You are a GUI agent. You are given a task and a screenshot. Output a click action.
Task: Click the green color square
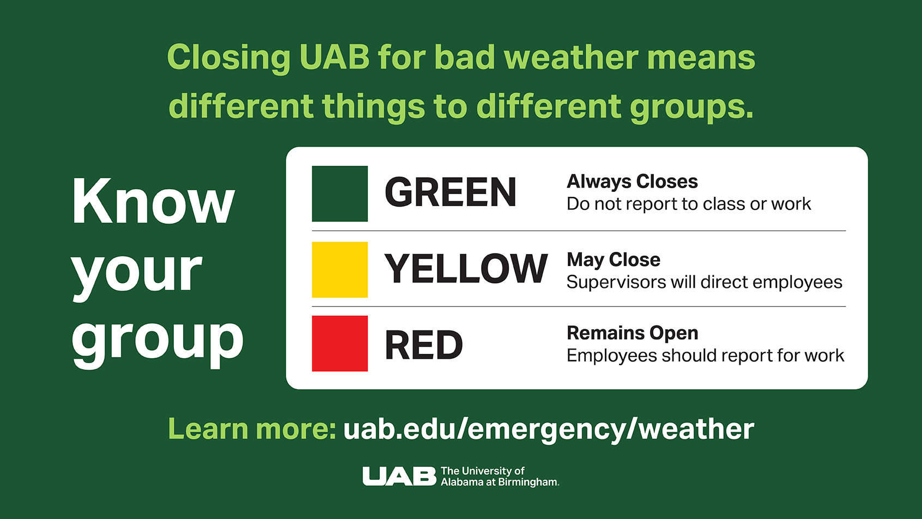(339, 194)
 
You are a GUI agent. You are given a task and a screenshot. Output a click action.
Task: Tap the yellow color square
(339, 269)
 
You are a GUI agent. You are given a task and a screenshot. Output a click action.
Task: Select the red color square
(339, 343)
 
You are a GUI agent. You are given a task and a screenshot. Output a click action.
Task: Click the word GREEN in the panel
(450, 192)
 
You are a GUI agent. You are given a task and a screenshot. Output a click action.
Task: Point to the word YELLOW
(466, 268)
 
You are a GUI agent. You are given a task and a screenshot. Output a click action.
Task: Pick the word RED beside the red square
(423, 345)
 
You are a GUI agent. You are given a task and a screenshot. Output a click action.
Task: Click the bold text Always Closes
(632, 182)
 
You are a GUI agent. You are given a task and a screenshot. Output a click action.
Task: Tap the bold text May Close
(613, 260)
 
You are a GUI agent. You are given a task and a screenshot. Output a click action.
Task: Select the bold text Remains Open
(633, 333)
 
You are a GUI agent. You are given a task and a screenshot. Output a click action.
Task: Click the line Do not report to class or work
(689, 204)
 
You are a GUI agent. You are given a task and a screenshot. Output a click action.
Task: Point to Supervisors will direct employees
(704, 282)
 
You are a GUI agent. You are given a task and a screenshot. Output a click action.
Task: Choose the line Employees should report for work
(706, 355)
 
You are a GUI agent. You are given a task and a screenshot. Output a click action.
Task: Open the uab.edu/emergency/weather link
(549, 429)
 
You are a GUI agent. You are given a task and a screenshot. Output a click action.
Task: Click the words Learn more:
(252, 429)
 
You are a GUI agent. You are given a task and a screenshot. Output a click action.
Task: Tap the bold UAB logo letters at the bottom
(399, 476)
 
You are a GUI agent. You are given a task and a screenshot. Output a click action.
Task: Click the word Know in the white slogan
(153, 201)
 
